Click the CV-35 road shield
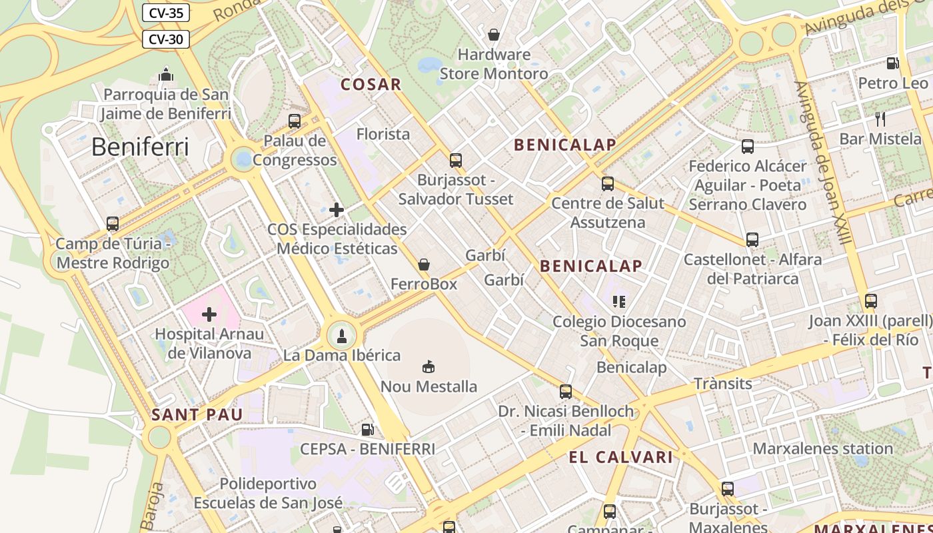coord(166,13)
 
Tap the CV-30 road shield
coord(166,39)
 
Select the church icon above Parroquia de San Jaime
coord(166,75)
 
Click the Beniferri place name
coord(140,147)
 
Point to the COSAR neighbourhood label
coord(371,85)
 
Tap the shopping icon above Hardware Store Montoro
coord(494,34)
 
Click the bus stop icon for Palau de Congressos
coord(295,121)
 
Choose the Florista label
coord(383,134)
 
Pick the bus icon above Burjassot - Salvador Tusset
coord(456,160)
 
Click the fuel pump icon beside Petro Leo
coord(892,63)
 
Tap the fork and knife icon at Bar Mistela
coord(880,119)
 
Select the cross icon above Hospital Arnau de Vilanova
coord(209,314)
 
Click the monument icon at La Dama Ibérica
coord(342,335)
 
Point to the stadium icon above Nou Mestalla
coord(429,366)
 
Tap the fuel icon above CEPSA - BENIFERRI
coord(367,430)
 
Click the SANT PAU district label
coord(197,414)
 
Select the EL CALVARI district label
coord(620,457)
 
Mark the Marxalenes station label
coord(822,448)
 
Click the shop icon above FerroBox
coord(424,265)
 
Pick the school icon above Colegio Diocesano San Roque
coord(619,302)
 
